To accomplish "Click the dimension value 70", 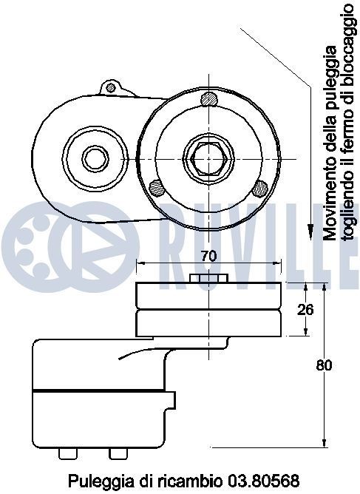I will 208,257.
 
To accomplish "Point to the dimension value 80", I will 322,365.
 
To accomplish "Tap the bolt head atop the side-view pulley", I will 208,279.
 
